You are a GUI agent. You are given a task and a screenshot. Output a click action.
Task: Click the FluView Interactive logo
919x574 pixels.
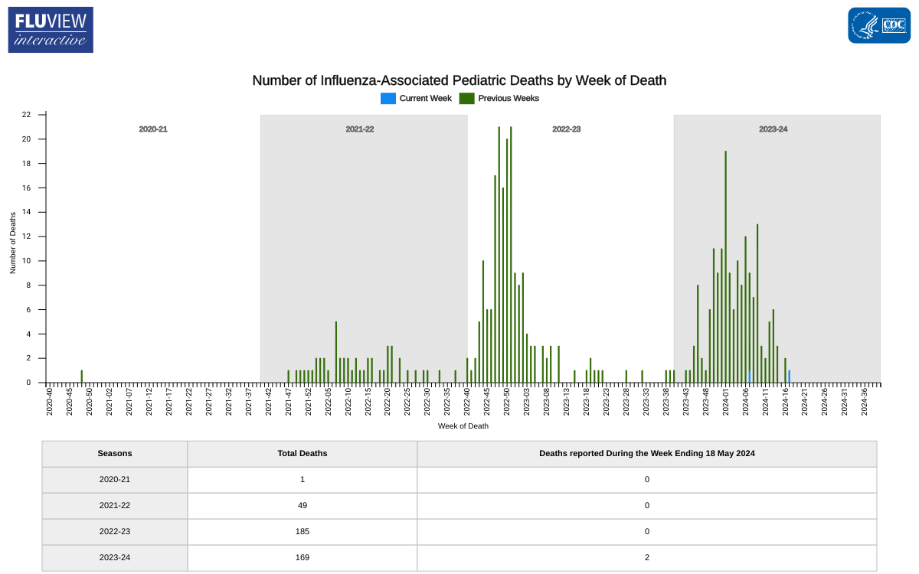tap(51, 30)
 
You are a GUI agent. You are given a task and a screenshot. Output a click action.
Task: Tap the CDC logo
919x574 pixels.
tap(878, 25)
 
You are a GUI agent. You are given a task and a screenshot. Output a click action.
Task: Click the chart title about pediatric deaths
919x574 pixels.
tap(459, 80)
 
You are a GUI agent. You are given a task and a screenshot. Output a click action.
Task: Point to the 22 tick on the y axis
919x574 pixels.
tap(27, 115)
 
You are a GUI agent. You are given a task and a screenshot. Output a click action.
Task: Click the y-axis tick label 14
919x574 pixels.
tap(27, 212)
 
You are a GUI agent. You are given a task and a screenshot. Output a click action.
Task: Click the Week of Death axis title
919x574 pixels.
tap(463, 426)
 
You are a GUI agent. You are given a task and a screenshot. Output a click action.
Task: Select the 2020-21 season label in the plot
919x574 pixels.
tap(153, 129)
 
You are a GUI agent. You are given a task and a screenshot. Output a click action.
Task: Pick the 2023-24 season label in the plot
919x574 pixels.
tap(773, 129)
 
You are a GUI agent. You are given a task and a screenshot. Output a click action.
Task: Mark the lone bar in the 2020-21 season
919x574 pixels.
tap(82, 376)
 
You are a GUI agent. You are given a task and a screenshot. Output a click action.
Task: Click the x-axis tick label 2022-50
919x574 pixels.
tap(507, 402)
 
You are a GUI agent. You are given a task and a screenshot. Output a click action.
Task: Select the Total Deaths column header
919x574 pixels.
tap(302, 454)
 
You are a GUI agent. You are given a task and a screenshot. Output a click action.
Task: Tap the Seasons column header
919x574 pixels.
tap(115, 454)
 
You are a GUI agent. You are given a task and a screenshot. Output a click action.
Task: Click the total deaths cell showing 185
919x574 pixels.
tap(302, 532)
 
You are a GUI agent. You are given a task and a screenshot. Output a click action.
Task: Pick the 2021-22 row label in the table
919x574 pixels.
tap(115, 506)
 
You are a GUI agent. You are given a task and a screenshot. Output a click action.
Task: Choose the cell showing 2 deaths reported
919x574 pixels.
tap(646, 558)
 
